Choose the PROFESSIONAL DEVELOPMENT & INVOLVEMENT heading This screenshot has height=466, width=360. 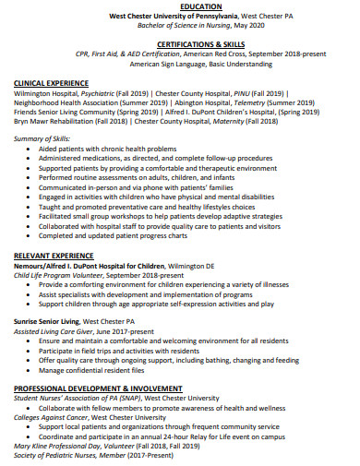(x=96, y=389)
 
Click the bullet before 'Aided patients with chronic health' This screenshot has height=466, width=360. (x=32, y=149)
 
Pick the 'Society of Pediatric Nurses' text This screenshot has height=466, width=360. (x=56, y=455)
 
